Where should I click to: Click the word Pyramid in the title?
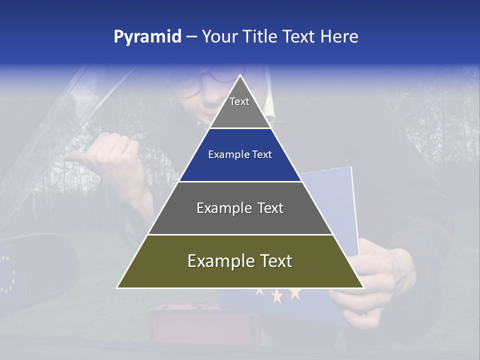point(147,37)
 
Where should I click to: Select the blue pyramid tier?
point(240,155)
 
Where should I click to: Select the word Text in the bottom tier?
point(272,261)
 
